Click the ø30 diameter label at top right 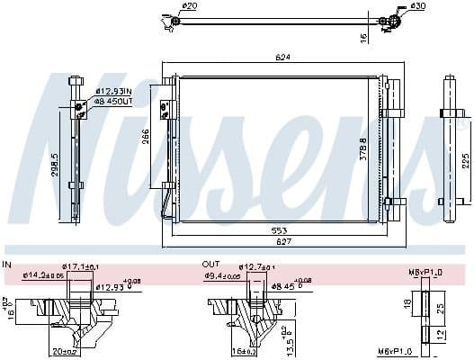[417, 6]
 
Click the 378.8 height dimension [363, 148]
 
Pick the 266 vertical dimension [146, 137]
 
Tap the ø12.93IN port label [113, 92]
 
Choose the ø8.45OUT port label [113, 102]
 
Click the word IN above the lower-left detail [7, 264]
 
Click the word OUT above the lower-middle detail [210, 264]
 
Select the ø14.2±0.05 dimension [44, 274]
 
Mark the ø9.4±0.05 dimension [223, 276]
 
